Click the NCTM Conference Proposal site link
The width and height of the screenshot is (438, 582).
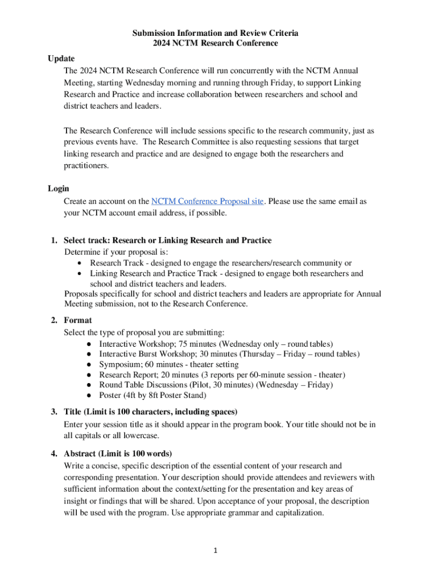tap(207, 202)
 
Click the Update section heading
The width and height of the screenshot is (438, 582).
tap(61, 59)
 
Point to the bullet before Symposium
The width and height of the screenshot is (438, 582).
tap(90, 365)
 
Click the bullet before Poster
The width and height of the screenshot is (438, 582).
tap(90, 396)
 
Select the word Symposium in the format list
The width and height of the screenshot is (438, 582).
tap(120, 365)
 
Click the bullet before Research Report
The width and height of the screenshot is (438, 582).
tap(90, 375)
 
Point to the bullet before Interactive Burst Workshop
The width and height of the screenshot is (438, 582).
tap(90, 355)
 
